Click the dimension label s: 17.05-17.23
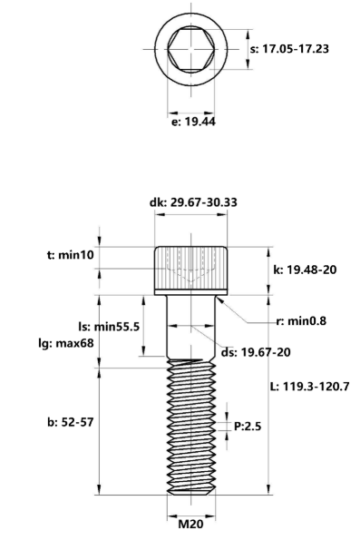pos(289,49)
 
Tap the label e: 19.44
pos(193,122)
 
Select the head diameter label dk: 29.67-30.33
pos(193,202)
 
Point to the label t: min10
pos(71,255)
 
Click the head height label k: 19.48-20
pos(305,270)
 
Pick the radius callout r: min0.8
pos(301,321)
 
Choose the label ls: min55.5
pos(109,327)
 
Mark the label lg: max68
pos(66,343)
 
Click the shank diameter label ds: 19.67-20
pos(256,352)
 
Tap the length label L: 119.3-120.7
pos(309,387)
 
